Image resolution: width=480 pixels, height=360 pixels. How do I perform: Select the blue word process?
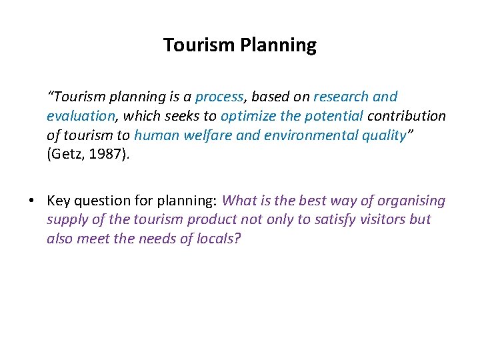(219, 97)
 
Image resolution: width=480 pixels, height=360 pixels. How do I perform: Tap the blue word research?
(339, 97)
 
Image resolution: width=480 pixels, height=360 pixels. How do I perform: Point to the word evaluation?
(80, 116)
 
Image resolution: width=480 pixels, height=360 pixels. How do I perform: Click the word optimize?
(248, 116)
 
